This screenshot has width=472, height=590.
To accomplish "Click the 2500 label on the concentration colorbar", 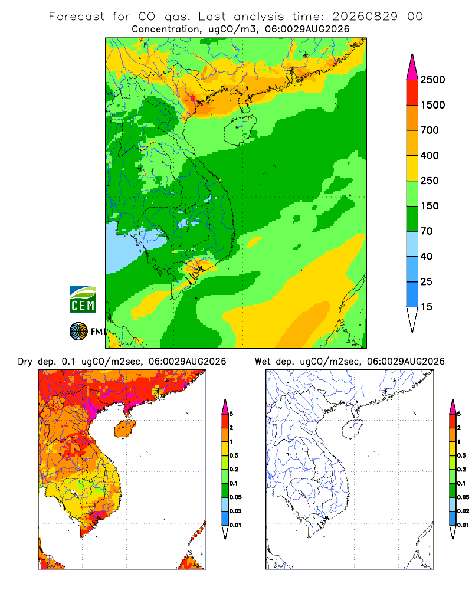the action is coord(432,80).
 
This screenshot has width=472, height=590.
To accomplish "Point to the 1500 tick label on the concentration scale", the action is coord(432,105).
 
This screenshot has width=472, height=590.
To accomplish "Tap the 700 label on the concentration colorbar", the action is coord(430,130).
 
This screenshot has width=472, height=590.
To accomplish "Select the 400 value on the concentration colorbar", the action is coord(430,155).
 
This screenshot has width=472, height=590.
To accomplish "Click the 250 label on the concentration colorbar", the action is coord(430,181).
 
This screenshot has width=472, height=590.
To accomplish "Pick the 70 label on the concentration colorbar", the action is coord(427,231).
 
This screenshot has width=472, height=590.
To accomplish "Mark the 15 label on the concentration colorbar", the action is coord(427,307).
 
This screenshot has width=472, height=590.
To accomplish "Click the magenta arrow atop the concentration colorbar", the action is coord(412,68).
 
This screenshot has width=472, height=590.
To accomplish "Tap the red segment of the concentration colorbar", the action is coord(412,93).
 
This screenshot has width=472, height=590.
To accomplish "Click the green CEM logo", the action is coord(83,300).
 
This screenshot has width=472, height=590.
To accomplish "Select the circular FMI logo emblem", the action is coord(78,332).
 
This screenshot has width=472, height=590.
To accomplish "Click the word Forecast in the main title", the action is coord(77,17).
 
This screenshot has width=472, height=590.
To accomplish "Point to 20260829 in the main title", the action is coord(365,17).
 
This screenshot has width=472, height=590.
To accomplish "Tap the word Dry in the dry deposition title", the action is coord(25,362).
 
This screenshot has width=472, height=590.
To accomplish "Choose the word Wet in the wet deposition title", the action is coord(263,362).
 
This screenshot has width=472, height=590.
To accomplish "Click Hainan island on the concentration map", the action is coord(240,130).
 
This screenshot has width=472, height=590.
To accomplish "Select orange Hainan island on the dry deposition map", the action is coord(125,429).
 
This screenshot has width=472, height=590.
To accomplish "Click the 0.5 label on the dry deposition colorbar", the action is coord(234,455).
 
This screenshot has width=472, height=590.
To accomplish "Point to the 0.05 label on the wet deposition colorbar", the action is coord(463,497).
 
